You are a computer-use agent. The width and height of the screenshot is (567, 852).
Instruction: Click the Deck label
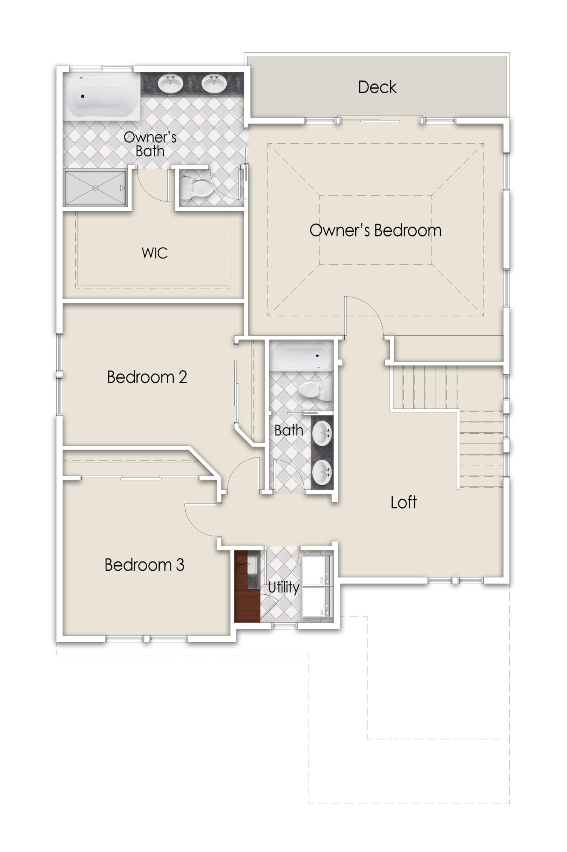click(377, 87)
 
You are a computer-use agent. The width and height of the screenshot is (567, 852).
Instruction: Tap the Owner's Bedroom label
click(375, 230)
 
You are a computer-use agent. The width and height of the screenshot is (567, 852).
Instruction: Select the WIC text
click(155, 253)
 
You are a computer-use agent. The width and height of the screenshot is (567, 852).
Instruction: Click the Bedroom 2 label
click(147, 377)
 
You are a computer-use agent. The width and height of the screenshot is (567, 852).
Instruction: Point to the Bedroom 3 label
click(144, 565)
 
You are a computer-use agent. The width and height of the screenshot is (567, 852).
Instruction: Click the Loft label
click(403, 503)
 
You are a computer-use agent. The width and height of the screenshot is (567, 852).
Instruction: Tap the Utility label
click(283, 587)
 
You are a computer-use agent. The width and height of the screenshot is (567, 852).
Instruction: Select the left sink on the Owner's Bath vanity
click(170, 83)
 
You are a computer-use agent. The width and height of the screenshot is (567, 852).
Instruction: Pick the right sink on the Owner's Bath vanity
click(214, 83)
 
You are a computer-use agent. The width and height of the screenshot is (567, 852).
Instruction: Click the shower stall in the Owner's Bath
click(95, 188)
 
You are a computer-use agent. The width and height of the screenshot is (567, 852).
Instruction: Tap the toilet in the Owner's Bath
click(196, 188)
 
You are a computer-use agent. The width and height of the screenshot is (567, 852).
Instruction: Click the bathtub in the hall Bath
click(301, 356)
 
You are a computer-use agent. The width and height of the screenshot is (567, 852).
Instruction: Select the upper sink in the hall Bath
click(322, 434)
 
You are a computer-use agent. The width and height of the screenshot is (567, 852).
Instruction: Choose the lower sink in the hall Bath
click(322, 472)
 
